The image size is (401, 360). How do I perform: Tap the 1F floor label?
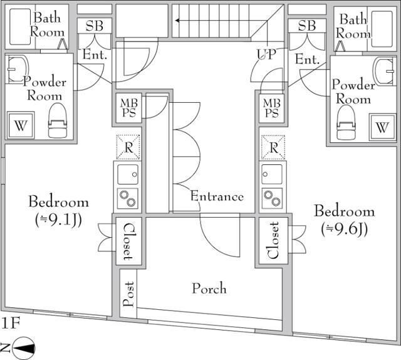[x=11, y=324]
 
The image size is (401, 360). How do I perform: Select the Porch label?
[x=209, y=289]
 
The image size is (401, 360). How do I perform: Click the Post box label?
[x=128, y=294]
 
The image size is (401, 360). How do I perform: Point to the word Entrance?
[x=217, y=196]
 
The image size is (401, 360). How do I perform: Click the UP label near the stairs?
[x=264, y=54]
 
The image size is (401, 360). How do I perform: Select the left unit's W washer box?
[x=21, y=125]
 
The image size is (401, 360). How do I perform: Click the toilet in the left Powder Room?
[x=57, y=120]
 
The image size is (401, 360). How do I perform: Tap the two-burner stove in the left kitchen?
[x=128, y=198]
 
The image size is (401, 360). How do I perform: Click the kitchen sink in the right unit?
[x=273, y=174]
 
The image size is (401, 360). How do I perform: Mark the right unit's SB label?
[x=306, y=26]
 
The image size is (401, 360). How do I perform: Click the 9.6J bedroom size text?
[x=344, y=229]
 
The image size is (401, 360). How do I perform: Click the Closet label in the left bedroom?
[x=128, y=241]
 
